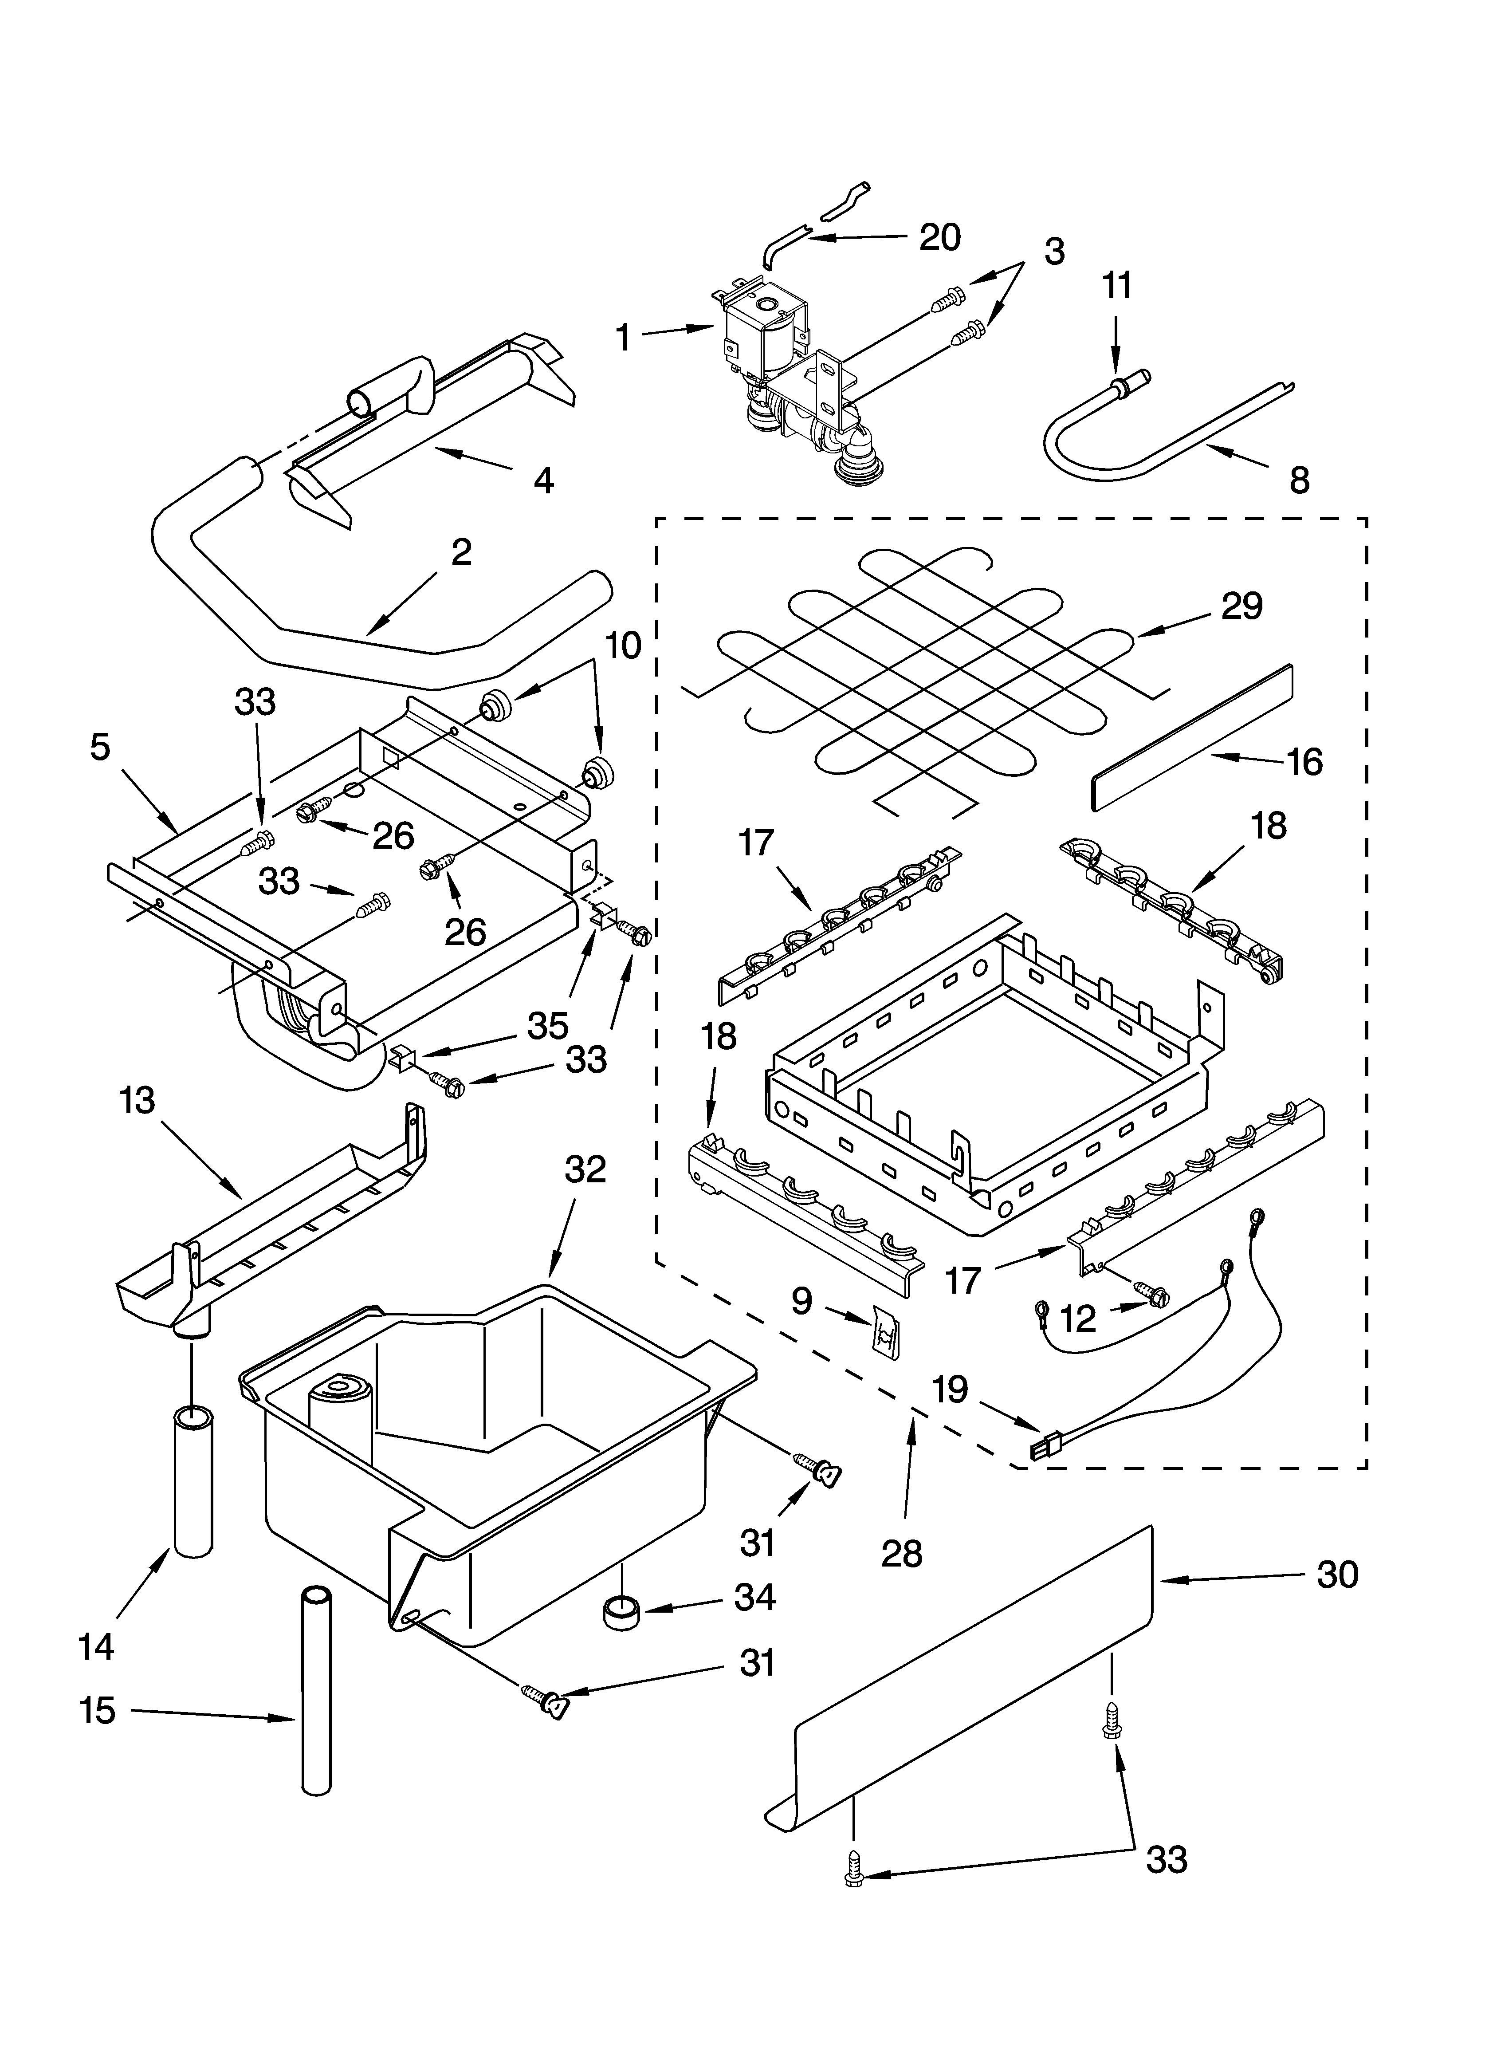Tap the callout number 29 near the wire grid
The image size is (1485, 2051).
click(x=1242, y=606)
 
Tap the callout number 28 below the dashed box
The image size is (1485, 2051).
click(x=902, y=1554)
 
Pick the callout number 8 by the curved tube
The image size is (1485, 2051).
click(x=1299, y=480)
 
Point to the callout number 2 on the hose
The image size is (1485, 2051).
click(x=461, y=552)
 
